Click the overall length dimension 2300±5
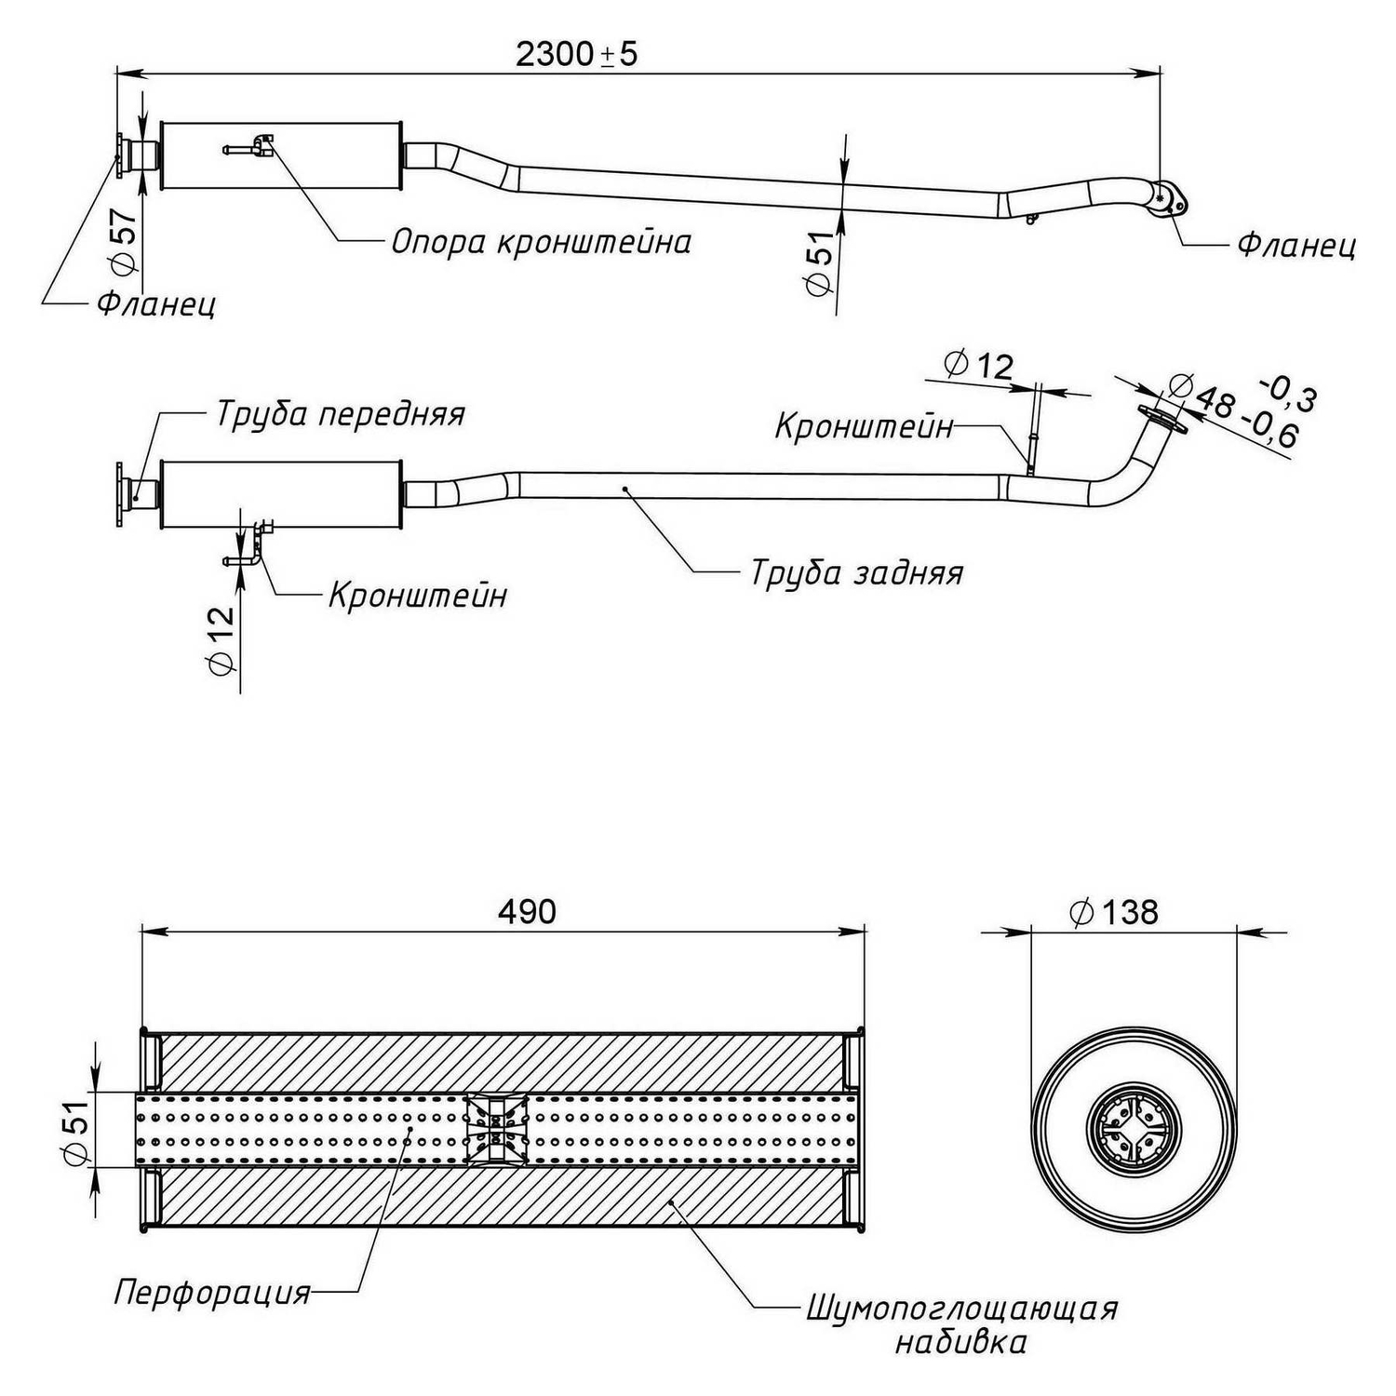(577, 54)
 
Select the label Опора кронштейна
(541, 242)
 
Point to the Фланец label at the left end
(156, 303)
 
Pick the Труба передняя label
(340, 413)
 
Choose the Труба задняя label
(856, 571)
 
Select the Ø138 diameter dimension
(1114, 912)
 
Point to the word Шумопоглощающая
(961, 1308)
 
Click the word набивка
(961, 1341)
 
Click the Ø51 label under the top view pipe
(818, 263)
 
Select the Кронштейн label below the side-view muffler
(418, 594)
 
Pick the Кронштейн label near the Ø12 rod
(865, 426)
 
